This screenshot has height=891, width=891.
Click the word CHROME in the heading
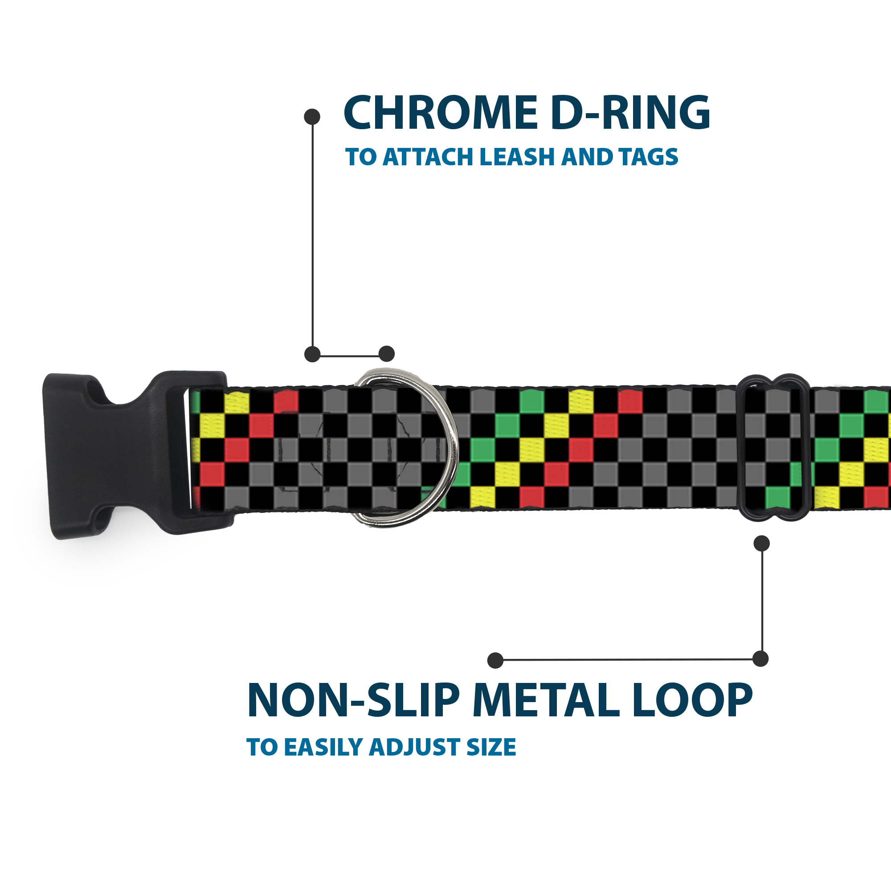click(441, 113)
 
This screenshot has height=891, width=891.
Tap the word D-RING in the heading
click(630, 113)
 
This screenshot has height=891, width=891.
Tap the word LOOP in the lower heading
click(692, 700)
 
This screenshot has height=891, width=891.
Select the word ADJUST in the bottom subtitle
click(416, 748)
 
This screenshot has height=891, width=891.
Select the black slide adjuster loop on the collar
click(773, 447)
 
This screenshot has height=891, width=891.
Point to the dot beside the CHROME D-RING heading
click(312, 117)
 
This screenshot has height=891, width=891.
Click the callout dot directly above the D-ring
click(386, 354)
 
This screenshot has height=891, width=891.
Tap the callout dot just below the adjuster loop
click(761, 543)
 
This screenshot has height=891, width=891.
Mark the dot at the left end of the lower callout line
click(495, 660)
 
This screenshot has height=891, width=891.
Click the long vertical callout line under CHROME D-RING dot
click(313, 235)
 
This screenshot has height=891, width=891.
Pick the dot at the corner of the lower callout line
click(760, 659)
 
